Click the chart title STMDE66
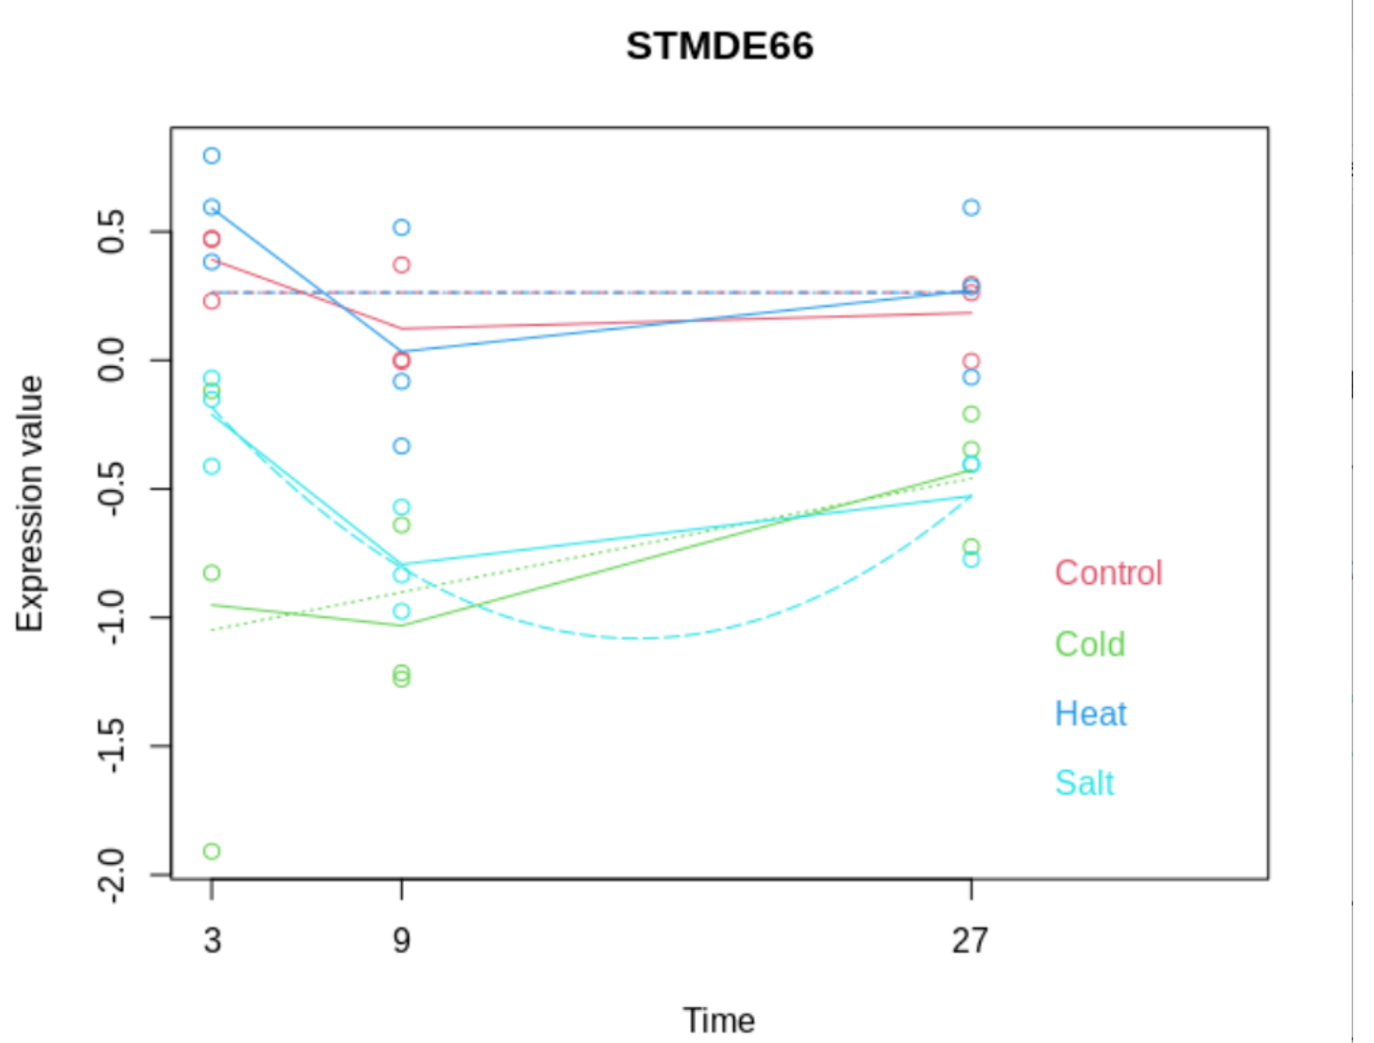coord(719,46)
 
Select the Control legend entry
coord(1108,573)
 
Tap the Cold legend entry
coord(1090,644)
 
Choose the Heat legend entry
coord(1090,714)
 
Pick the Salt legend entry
coord(1084,784)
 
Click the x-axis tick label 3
coord(212,940)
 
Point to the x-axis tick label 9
coord(401,940)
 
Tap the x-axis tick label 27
coord(970,940)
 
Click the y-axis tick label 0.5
coord(111,231)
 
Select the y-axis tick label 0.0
coord(111,360)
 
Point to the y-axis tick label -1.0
coord(111,617)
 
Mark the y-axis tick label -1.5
coord(111,746)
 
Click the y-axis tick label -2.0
coord(111,875)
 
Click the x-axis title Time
coord(719,1020)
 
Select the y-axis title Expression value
coord(30,504)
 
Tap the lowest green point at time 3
coord(212,851)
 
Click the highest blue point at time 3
coord(212,155)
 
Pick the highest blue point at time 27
coord(971,207)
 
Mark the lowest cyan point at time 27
coord(971,559)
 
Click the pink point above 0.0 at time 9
coord(401,265)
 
